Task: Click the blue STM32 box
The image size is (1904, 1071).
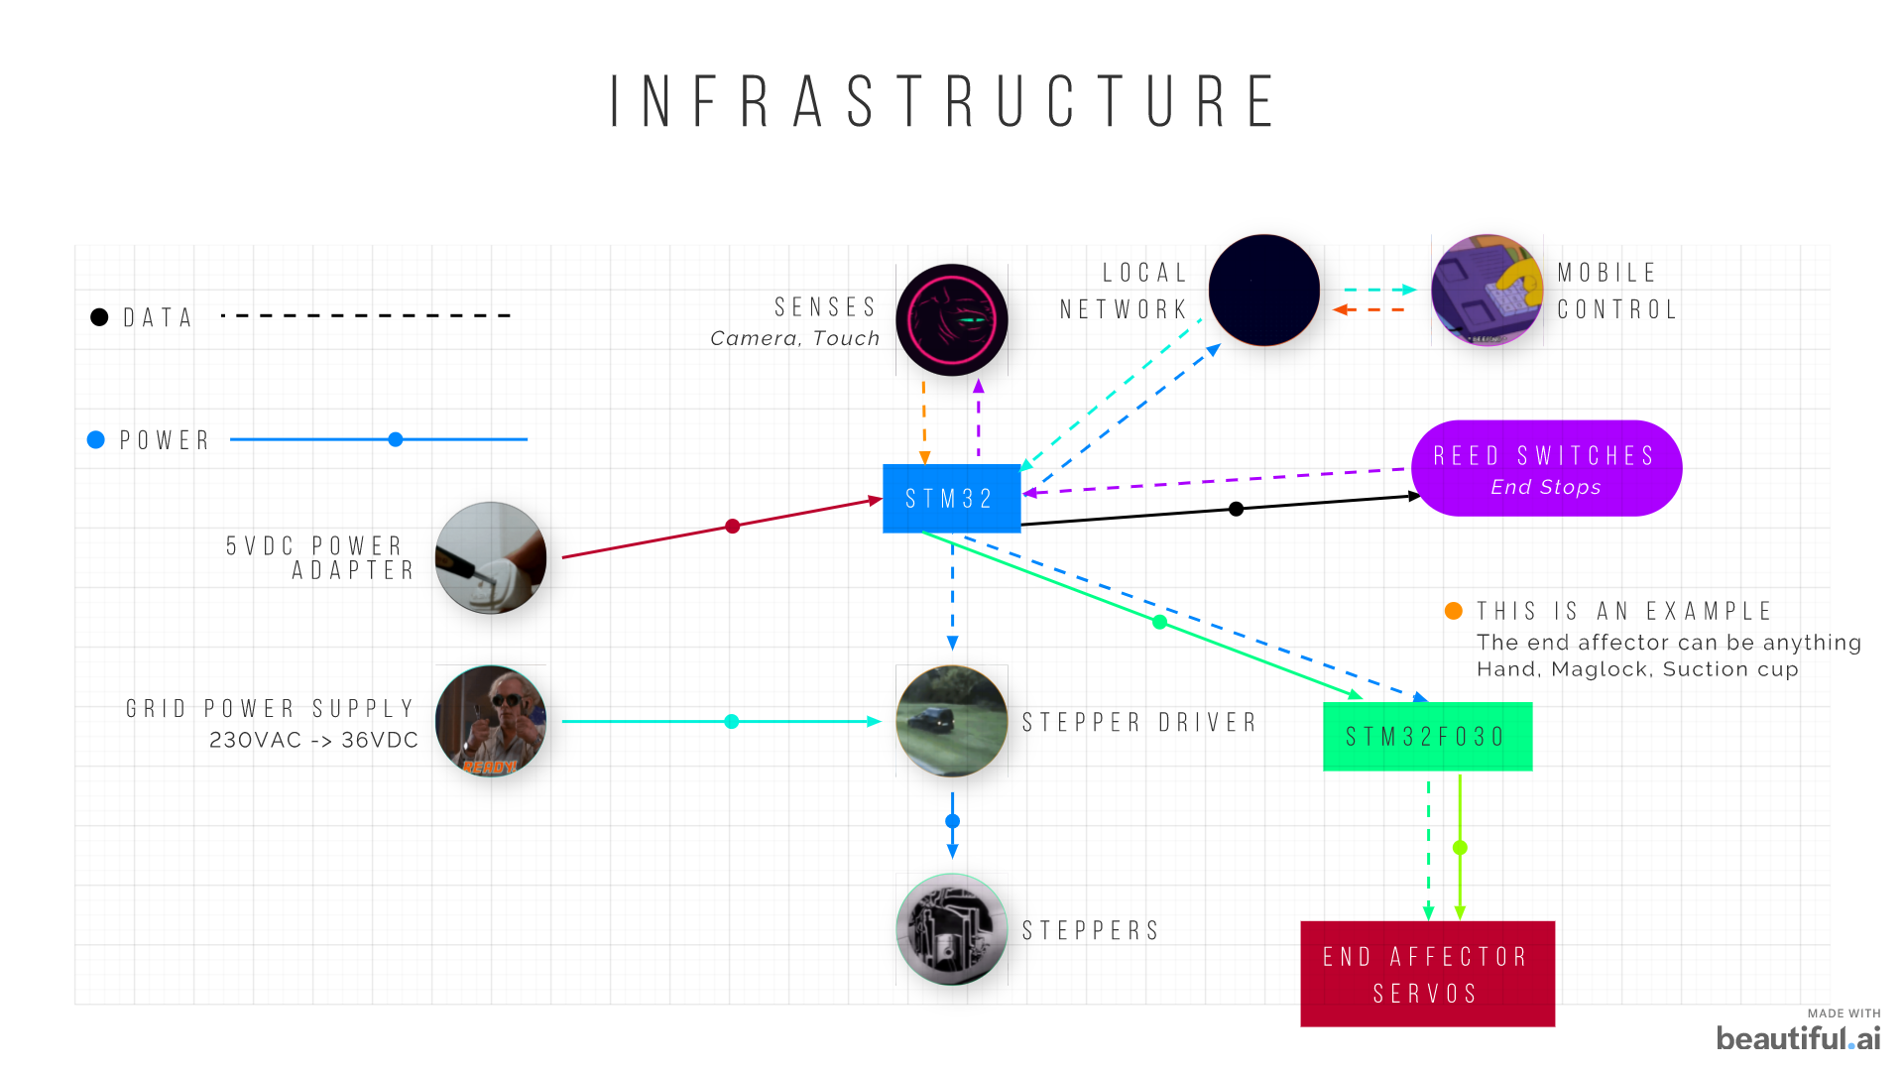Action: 951,498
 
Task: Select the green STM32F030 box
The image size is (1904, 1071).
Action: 1427,736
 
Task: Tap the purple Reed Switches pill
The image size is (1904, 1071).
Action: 1545,468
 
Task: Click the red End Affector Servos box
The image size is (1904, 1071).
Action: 1427,974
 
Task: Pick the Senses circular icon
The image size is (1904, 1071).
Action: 952,319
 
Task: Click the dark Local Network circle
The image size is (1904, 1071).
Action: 1263,290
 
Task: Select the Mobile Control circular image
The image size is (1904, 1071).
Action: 1487,290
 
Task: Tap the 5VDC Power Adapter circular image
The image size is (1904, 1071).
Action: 491,557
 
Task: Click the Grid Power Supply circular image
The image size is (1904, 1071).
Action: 491,721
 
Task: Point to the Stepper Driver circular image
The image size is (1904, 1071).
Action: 952,721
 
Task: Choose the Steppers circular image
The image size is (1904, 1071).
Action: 952,929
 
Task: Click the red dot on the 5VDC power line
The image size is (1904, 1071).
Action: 732,526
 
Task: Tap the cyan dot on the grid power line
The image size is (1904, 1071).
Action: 732,721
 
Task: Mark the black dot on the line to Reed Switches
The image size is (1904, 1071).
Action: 1236,509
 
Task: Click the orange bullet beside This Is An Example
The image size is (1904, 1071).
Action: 1454,611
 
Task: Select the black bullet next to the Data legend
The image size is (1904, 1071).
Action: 99,316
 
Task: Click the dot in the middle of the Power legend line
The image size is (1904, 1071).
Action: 396,439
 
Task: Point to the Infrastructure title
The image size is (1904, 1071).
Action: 944,101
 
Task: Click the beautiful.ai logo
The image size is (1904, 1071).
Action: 1798,1037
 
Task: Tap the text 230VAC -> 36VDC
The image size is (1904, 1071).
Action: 313,740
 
